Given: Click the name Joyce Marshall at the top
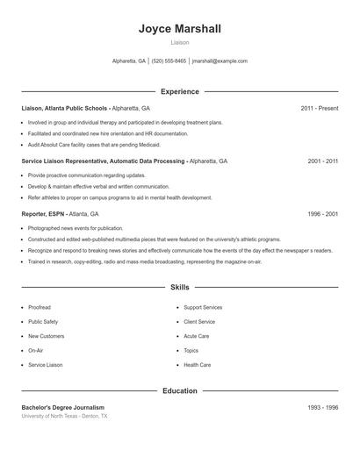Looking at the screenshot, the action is [x=180, y=29].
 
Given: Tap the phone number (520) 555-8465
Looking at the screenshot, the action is [x=169, y=61].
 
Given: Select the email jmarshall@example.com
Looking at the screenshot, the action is [x=220, y=61].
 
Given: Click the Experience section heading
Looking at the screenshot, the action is [x=180, y=91].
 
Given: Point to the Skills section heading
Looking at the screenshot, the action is [x=180, y=287].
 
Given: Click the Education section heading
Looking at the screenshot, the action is [x=180, y=390].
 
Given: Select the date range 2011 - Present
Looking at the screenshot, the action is [x=319, y=109].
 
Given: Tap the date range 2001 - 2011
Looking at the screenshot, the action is [x=322, y=161].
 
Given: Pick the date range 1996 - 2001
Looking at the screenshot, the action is [x=322, y=214].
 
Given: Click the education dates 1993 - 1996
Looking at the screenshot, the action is [x=322, y=408].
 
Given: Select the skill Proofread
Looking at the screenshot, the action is [x=40, y=308].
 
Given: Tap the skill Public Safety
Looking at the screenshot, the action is [x=43, y=322].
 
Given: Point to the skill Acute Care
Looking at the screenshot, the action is [x=196, y=336].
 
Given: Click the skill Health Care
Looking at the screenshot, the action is [x=197, y=365].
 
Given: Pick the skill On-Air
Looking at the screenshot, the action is [x=35, y=351].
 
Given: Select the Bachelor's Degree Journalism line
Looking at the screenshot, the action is [x=62, y=408].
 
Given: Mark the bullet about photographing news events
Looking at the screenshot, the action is [x=76, y=228].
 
